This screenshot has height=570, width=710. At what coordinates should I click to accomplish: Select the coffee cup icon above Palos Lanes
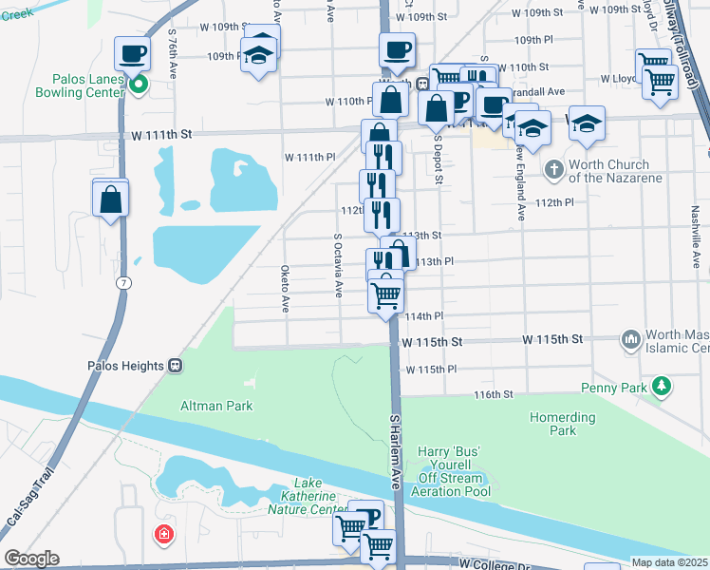click(x=132, y=52)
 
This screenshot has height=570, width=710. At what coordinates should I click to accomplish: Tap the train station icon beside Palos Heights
click(x=175, y=366)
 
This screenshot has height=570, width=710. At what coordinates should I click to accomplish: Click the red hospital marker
click(x=165, y=535)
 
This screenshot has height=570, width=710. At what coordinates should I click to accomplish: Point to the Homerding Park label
click(x=563, y=424)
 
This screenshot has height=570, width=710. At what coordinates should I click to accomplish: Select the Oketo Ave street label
click(x=285, y=289)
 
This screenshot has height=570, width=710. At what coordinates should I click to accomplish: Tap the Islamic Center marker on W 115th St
click(x=631, y=339)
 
